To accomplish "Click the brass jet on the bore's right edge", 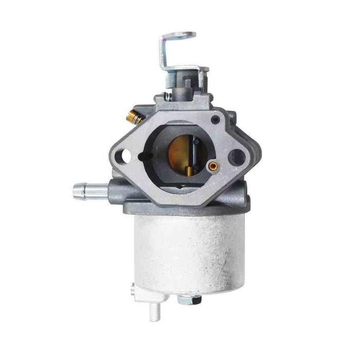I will [211, 166].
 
